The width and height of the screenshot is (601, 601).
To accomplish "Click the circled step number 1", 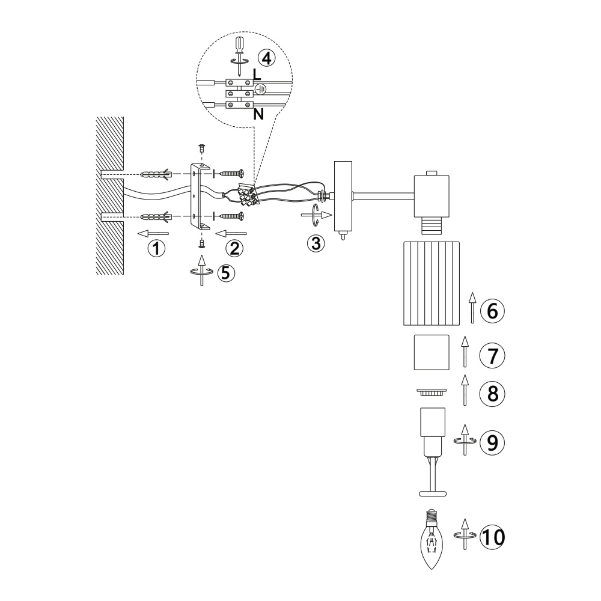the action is tap(156, 248).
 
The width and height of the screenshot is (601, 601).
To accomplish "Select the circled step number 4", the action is tap(266, 58).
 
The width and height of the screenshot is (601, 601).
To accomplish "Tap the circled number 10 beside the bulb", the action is tap(493, 537).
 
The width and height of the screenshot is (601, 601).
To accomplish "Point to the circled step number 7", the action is tap(493, 355).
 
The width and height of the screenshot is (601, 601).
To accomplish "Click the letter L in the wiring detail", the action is tap(257, 75).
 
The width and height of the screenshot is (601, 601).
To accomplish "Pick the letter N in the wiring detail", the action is tap(258, 114).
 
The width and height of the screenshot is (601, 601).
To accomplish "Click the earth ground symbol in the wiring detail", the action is tap(261, 89).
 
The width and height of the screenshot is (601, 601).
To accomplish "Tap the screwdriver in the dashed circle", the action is tap(240, 55).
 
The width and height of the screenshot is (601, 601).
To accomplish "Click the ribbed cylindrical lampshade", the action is tap(432, 283).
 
